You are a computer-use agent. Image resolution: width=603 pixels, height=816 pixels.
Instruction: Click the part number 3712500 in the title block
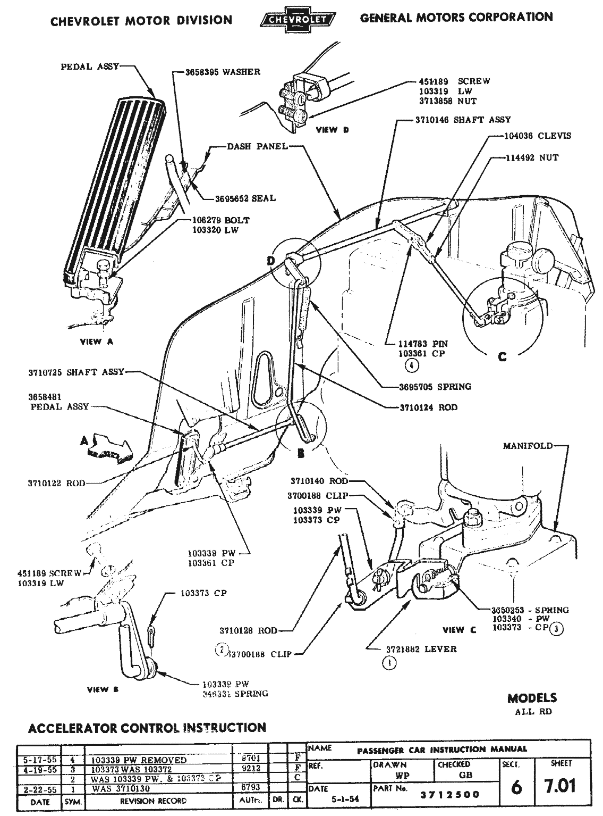coord(450,795)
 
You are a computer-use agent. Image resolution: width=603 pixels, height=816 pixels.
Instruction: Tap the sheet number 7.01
coord(560,786)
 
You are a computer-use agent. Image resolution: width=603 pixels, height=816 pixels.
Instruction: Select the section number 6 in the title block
coord(516,787)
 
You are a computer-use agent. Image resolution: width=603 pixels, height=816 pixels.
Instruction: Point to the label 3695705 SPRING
coord(435,387)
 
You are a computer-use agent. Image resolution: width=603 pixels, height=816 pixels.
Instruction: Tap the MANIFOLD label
coord(528,446)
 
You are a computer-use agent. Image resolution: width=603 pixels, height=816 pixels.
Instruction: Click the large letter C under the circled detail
coord(502,357)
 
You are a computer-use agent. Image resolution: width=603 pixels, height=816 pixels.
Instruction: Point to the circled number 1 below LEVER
coord(390,663)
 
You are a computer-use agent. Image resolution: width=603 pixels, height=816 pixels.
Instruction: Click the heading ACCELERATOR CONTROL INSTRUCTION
coord(147,728)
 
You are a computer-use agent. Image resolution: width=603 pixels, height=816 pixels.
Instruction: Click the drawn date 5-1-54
coord(340,799)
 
